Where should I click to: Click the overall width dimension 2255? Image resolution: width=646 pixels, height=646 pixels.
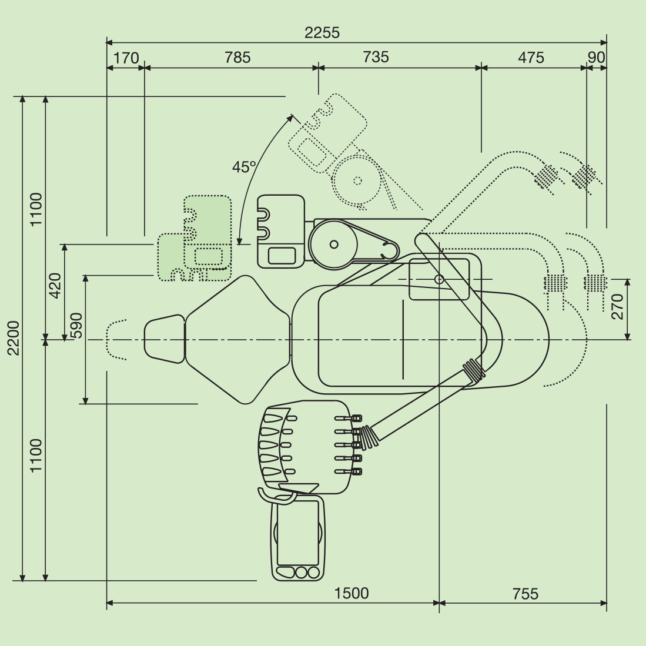tap(322, 32)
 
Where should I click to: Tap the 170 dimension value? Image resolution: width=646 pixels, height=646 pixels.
tap(126, 58)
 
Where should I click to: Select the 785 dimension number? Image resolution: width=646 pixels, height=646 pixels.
tap(237, 57)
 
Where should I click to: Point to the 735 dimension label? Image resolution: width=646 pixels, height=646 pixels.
tap(376, 57)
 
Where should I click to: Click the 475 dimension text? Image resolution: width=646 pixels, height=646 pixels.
tap(531, 57)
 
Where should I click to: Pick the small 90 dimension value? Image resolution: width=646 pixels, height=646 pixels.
tap(596, 57)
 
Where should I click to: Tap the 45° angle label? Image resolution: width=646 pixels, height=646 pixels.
tap(244, 167)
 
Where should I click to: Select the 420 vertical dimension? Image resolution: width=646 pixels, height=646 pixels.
tap(55, 286)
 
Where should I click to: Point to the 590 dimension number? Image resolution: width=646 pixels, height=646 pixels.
tap(76, 326)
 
